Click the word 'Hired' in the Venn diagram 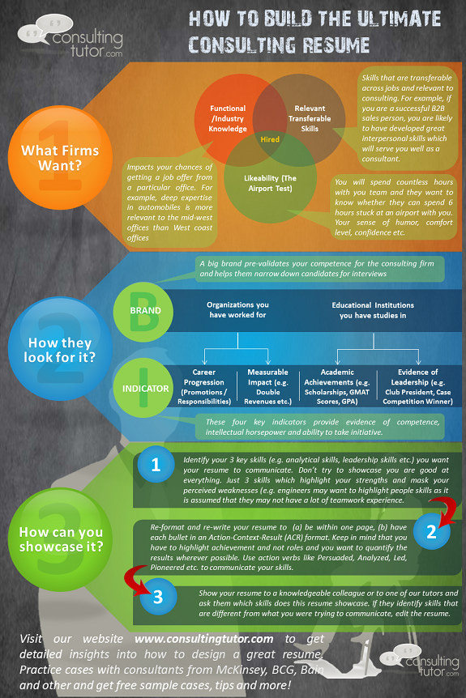coord(270,139)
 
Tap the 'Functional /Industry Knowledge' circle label coord(228,118)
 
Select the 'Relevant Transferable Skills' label coord(310,118)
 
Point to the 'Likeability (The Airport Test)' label coord(270,183)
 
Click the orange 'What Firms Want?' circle coord(60,158)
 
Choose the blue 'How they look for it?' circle coord(60,348)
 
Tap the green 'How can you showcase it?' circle coord(60,539)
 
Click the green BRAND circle coord(143,312)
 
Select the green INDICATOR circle coord(143,388)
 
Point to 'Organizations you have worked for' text coord(237,310)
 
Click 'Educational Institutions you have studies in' coord(373,310)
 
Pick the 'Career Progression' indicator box coord(204,386)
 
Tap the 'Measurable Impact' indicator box coord(267,386)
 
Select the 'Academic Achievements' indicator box coord(337,386)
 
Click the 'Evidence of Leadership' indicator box coord(417,386)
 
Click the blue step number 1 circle coord(156,464)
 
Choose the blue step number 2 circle coord(431,531)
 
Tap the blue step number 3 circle coord(158,597)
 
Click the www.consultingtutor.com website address coord(204,639)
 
